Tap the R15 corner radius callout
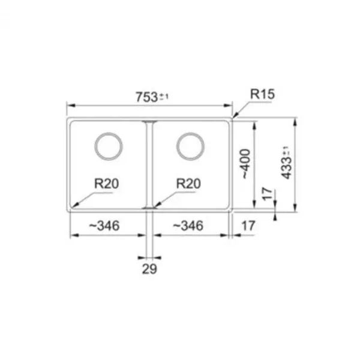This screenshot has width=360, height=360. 262,94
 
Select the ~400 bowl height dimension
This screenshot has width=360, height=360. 245,164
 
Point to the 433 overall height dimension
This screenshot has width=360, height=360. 287,163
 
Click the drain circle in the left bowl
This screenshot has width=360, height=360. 109,133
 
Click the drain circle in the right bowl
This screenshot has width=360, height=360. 190,133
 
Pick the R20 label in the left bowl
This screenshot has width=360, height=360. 107,184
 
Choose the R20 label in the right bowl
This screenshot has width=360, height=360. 188,184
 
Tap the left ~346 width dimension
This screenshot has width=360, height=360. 104,226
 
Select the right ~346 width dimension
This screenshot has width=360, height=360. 188,226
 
